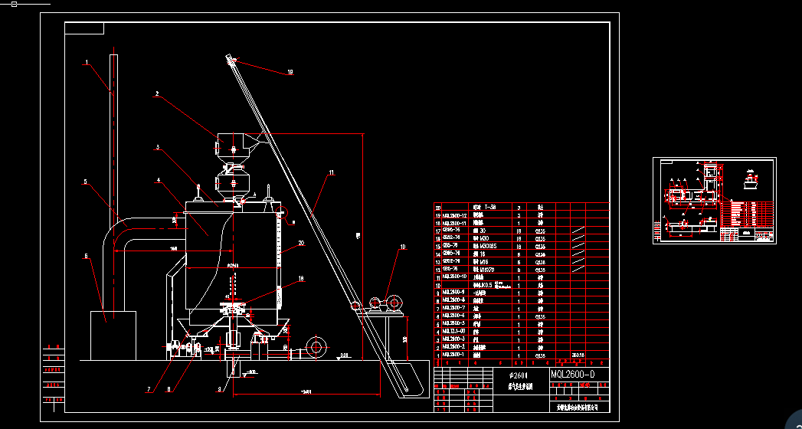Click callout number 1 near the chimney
click(87, 62)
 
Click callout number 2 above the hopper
click(156, 94)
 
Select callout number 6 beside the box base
click(86, 256)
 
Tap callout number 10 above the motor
click(401, 247)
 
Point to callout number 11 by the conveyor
click(331, 173)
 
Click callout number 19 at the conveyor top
click(290, 73)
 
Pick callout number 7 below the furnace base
click(149, 389)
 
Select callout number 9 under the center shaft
click(219, 389)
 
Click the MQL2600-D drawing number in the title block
click(572, 374)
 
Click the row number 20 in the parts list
click(439, 207)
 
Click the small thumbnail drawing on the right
click(714, 201)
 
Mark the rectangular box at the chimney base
click(113, 335)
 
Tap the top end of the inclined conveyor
click(231, 57)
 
